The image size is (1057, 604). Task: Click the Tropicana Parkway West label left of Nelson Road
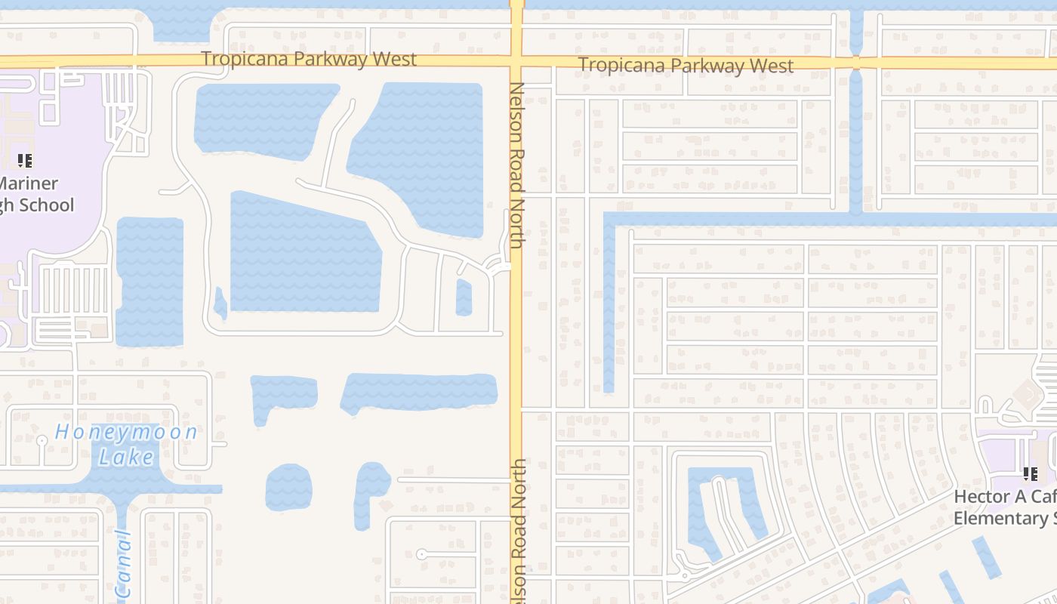pyautogui.click(x=309, y=59)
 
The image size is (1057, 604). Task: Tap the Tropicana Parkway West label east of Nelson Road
pyautogui.click(x=686, y=66)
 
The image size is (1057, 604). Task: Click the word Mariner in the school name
pyautogui.click(x=29, y=183)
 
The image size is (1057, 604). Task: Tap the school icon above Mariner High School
pyautogui.click(x=25, y=160)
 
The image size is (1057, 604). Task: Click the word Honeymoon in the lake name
pyautogui.click(x=126, y=433)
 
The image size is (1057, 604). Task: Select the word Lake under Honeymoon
pyautogui.click(x=126, y=456)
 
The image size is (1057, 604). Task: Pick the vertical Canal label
pyautogui.click(x=124, y=565)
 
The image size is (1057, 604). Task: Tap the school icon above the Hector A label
pyautogui.click(x=1029, y=474)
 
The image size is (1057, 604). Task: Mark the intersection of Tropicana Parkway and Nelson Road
pyautogui.click(x=517, y=62)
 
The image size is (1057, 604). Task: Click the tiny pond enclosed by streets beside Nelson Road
pyautogui.click(x=464, y=297)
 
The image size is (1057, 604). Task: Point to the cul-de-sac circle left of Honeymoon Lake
pyautogui.click(x=42, y=440)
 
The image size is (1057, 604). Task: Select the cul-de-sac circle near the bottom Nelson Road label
pyautogui.click(x=421, y=554)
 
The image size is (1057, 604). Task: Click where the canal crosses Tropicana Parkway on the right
pyautogui.click(x=856, y=63)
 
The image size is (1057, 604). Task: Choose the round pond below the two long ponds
pyautogui.click(x=288, y=487)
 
